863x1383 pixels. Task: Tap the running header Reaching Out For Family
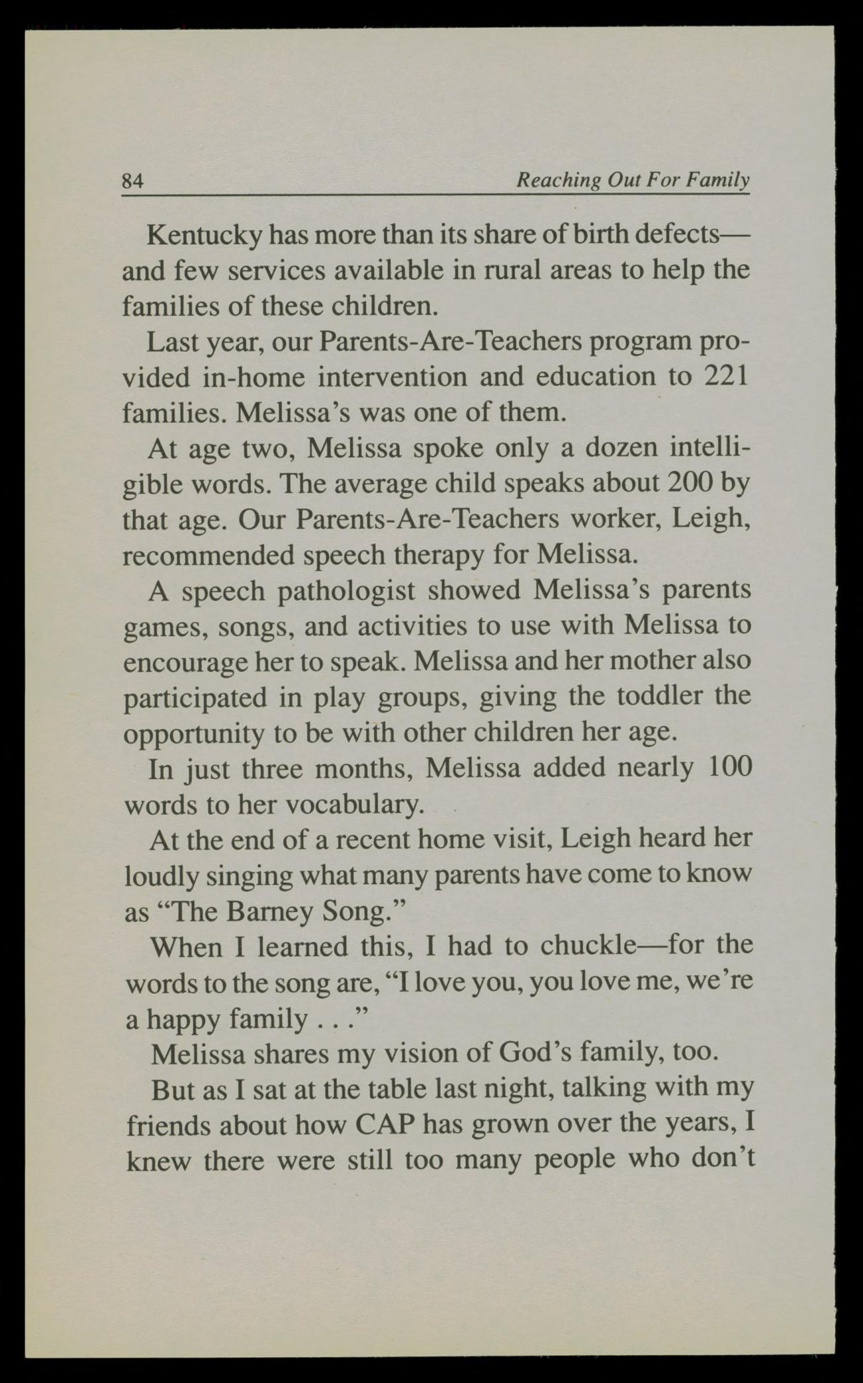click(633, 180)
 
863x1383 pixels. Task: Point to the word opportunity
click(194, 733)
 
